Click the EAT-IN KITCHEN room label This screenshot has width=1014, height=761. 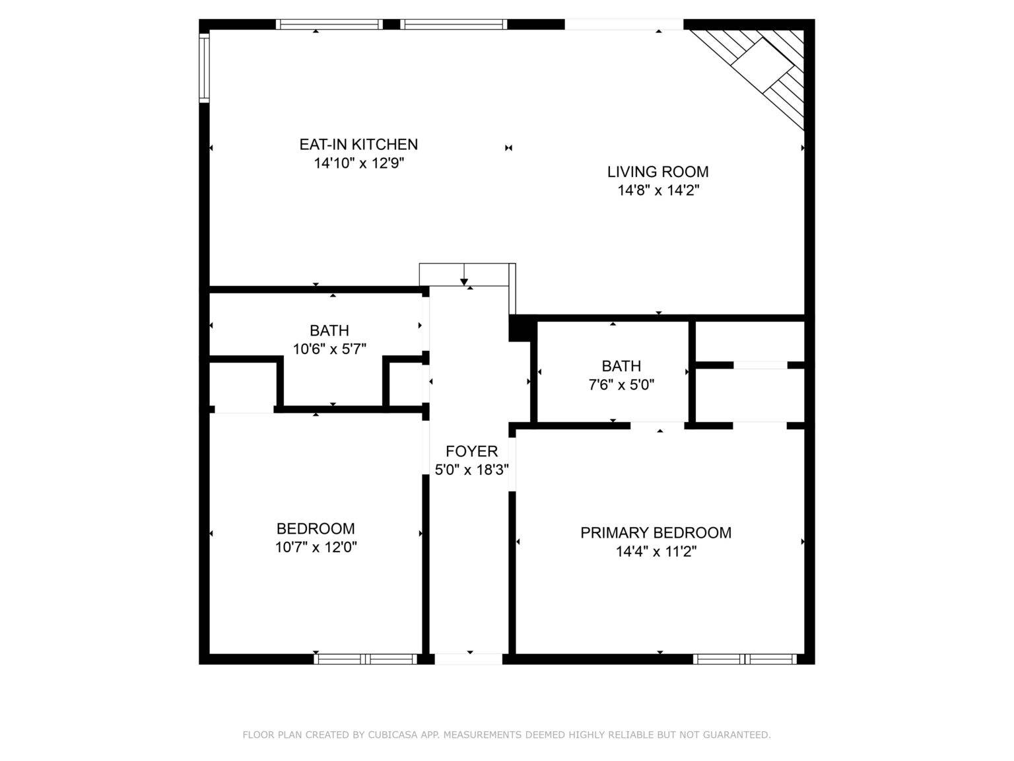point(358,144)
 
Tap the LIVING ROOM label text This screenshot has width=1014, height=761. point(658,172)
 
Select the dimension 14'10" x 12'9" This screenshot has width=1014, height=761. point(358,163)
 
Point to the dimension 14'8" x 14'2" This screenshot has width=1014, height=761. point(658,191)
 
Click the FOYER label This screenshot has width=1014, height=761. point(471,452)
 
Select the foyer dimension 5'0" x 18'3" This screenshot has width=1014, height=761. point(471,470)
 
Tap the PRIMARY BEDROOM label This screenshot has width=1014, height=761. point(656,532)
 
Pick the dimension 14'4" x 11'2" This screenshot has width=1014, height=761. point(656,552)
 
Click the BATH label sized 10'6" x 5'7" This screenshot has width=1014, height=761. point(329,330)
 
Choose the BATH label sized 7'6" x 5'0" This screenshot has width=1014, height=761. point(621,366)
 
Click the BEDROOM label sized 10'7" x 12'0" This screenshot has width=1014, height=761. point(316,528)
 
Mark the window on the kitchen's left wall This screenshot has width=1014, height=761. point(204,67)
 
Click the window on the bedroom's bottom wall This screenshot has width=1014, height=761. point(365,659)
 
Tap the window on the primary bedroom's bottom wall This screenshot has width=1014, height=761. point(745,659)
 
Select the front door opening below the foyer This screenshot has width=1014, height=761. point(469,659)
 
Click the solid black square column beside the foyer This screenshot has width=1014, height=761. point(520,329)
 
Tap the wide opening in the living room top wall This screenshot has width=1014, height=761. point(624,24)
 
